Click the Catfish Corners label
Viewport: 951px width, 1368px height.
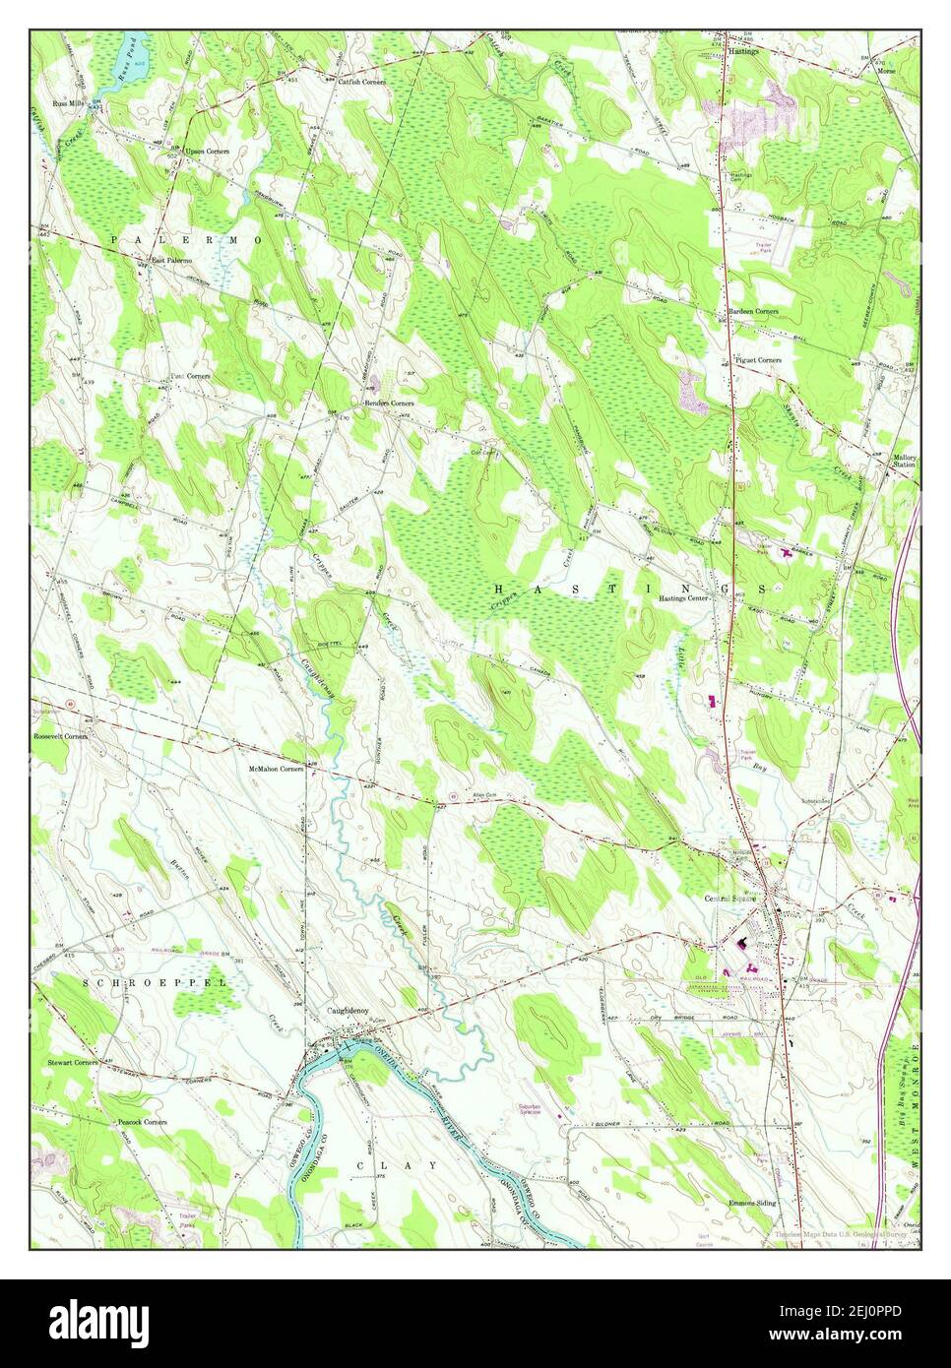coord(362,82)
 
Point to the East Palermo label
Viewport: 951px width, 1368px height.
coord(171,261)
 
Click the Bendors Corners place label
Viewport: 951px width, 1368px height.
coord(389,404)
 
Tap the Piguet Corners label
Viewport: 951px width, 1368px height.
coord(758,360)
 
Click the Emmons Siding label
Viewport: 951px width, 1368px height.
coord(753,1203)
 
